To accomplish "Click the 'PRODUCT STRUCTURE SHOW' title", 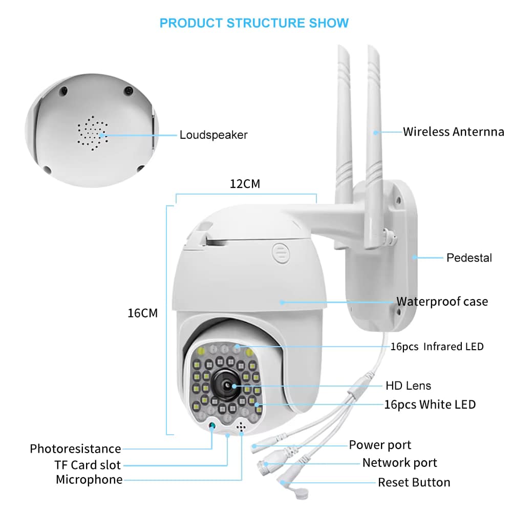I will click(x=254, y=23).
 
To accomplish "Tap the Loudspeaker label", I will click(x=214, y=135).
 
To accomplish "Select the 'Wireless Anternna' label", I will click(x=453, y=132).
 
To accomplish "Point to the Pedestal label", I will click(x=469, y=258).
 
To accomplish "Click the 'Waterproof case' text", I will click(x=442, y=302).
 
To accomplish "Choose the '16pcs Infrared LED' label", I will click(x=437, y=347).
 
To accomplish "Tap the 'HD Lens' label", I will click(x=408, y=386).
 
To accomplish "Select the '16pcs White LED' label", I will click(x=430, y=404).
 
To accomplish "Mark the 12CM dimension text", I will click(x=245, y=184).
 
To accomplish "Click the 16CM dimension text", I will click(x=142, y=313).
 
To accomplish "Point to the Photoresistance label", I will click(x=75, y=449).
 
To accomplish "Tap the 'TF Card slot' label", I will click(x=88, y=465).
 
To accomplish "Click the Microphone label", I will click(x=89, y=480).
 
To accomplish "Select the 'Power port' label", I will click(x=380, y=445).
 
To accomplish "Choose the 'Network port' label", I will click(x=399, y=463).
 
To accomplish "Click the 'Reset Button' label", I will click(x=414, y=482).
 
